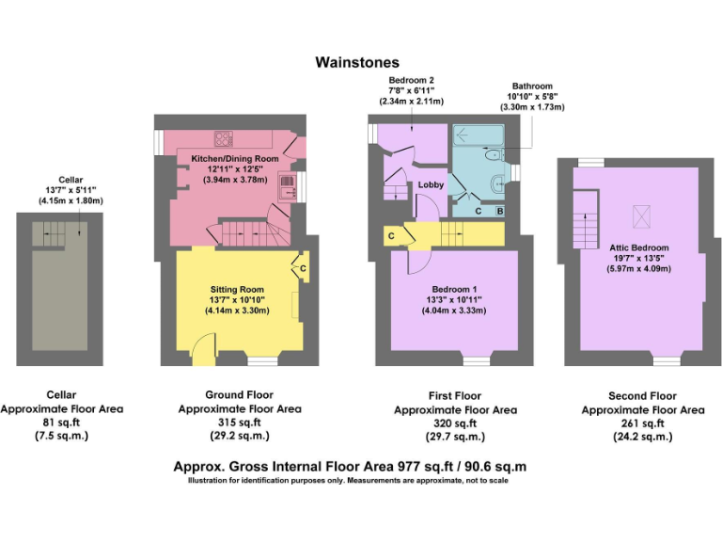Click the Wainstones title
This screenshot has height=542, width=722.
pyautogui.click(x=357, y=62)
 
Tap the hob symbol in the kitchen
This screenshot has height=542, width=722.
pyautogui.click(x=224, y=138)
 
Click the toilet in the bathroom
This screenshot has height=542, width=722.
pyautogui.click(x=494, y=155)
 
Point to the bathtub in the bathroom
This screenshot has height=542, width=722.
pyautogui.click(x=479, y=135)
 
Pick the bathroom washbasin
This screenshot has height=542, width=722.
pyautogui.click(x=498, y=183)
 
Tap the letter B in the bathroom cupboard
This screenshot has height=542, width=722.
pyautogui.click(x=500, y=212)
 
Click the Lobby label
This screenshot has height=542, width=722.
pyautogui.click(x=431, y=184)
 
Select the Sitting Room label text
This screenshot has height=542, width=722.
pyautogui.click(x=237, y=290)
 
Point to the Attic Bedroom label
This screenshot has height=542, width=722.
pyautogui.click(x=638, y=247)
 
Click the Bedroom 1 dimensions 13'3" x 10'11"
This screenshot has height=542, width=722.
pyautogui.click(x=454, y=300)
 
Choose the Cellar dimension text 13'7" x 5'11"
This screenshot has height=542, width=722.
pyautogui.click(x=71, y=190)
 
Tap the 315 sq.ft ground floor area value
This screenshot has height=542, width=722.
pyautogui.click(x=240, y=422)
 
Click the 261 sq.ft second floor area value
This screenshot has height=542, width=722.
pyautogui.click(x=643, y=423)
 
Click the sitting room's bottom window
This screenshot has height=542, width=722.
pyautogui.click(x=263, y=361)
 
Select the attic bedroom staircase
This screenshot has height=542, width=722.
pyautogui.click(x=586, y=220)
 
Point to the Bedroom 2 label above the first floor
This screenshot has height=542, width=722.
pyautogui.click(x=411, y=80)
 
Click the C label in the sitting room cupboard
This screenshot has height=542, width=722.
pyautogui.click(x=303, y=268)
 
